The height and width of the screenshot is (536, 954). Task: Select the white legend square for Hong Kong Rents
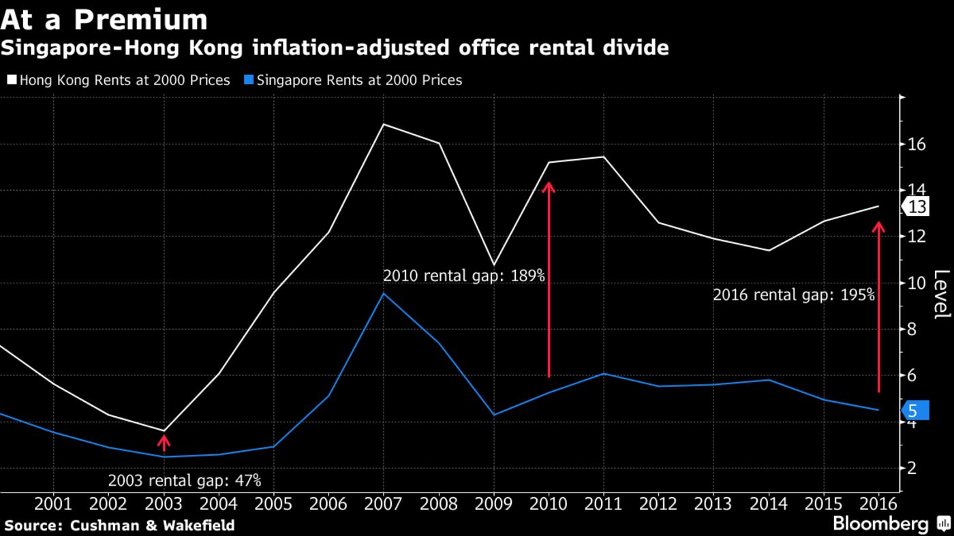[x=12, y=80]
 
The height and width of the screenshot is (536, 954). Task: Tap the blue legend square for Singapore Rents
[x=249, y=80]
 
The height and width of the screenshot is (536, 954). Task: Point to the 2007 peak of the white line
[x=384, y=124]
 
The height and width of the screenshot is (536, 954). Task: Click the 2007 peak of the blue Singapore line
[x=384, y=294]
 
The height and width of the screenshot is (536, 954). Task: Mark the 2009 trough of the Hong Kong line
[x=493, y=264]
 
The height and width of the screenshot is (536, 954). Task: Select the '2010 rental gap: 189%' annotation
[x=463, y=276]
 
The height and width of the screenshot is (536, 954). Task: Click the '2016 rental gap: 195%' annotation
[x=793, y=295]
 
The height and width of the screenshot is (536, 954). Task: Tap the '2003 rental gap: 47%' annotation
[x=184, y=480]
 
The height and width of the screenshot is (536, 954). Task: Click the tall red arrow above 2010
[x=549, y=279]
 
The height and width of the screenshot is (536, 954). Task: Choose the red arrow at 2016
[x=878, y=306]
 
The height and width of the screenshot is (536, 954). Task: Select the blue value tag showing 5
[x=915, y=410]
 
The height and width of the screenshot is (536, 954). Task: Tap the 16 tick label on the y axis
[x=916, y=144]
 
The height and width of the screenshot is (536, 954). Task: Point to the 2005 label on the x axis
[x=273, y=504]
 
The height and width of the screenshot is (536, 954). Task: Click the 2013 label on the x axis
[x=713, y=504]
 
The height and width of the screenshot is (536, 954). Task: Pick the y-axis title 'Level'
[x=940, y=294]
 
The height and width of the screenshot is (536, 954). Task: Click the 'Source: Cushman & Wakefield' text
[x=119, y=525]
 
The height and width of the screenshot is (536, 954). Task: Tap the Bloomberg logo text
[x=880, y=524]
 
